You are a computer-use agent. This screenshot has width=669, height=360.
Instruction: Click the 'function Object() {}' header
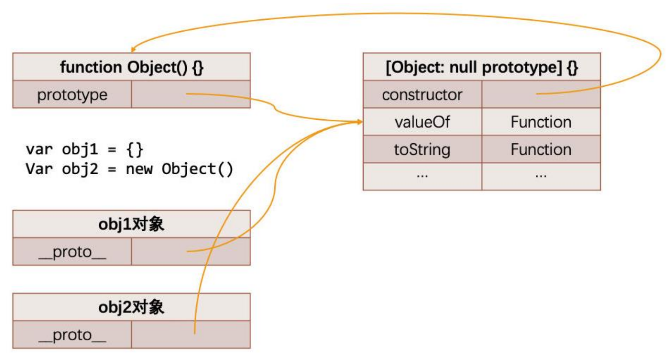pyautogui.click(x=131, y=67)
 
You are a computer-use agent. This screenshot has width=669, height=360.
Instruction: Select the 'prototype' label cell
pyautogui.click(x=72, y=95)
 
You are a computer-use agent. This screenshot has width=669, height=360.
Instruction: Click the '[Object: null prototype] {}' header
pyautogui.click(x=481, y=67)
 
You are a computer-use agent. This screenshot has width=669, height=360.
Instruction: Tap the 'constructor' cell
pyautogui.click(x=422, y=95)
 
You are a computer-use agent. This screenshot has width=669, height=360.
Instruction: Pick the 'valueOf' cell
pyautogui.click(x=422, y=122)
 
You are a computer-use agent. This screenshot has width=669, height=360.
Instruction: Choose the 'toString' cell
pyautogui.click(x=422, y=150)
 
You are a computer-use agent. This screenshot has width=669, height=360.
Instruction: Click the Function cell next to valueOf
pyautogui.click(x=541, y=122)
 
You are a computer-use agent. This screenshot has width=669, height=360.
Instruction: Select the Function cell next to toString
pyautogui.click(x=541, y=150)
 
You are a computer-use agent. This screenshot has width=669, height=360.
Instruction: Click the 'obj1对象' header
pyautogui.click(x=131, y=224)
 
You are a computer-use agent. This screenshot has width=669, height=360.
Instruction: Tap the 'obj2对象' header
pyautogui.click(x=131, y=307)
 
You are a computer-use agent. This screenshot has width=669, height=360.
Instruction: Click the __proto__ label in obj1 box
pyautogui.click(x=72, y=252)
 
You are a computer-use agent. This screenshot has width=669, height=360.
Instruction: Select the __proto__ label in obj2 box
pyautogui.click(x=72, y=335)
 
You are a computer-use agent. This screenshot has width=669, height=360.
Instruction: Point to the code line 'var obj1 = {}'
pyautogui.click(x=84, y=149)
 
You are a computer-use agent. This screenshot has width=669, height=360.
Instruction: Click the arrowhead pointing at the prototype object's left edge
pyautogui.click(x=359, y=122)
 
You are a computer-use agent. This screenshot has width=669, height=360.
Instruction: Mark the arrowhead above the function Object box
pyautogui.click(x=134, y=50)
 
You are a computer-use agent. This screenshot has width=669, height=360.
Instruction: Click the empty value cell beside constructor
pyautogui.click(x=541, y=95)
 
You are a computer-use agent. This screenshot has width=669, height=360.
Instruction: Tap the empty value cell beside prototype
pyautogui.click(x=191, y=95)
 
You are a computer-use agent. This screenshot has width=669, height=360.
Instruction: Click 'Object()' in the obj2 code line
pyautogui.click(x=198, y=169)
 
